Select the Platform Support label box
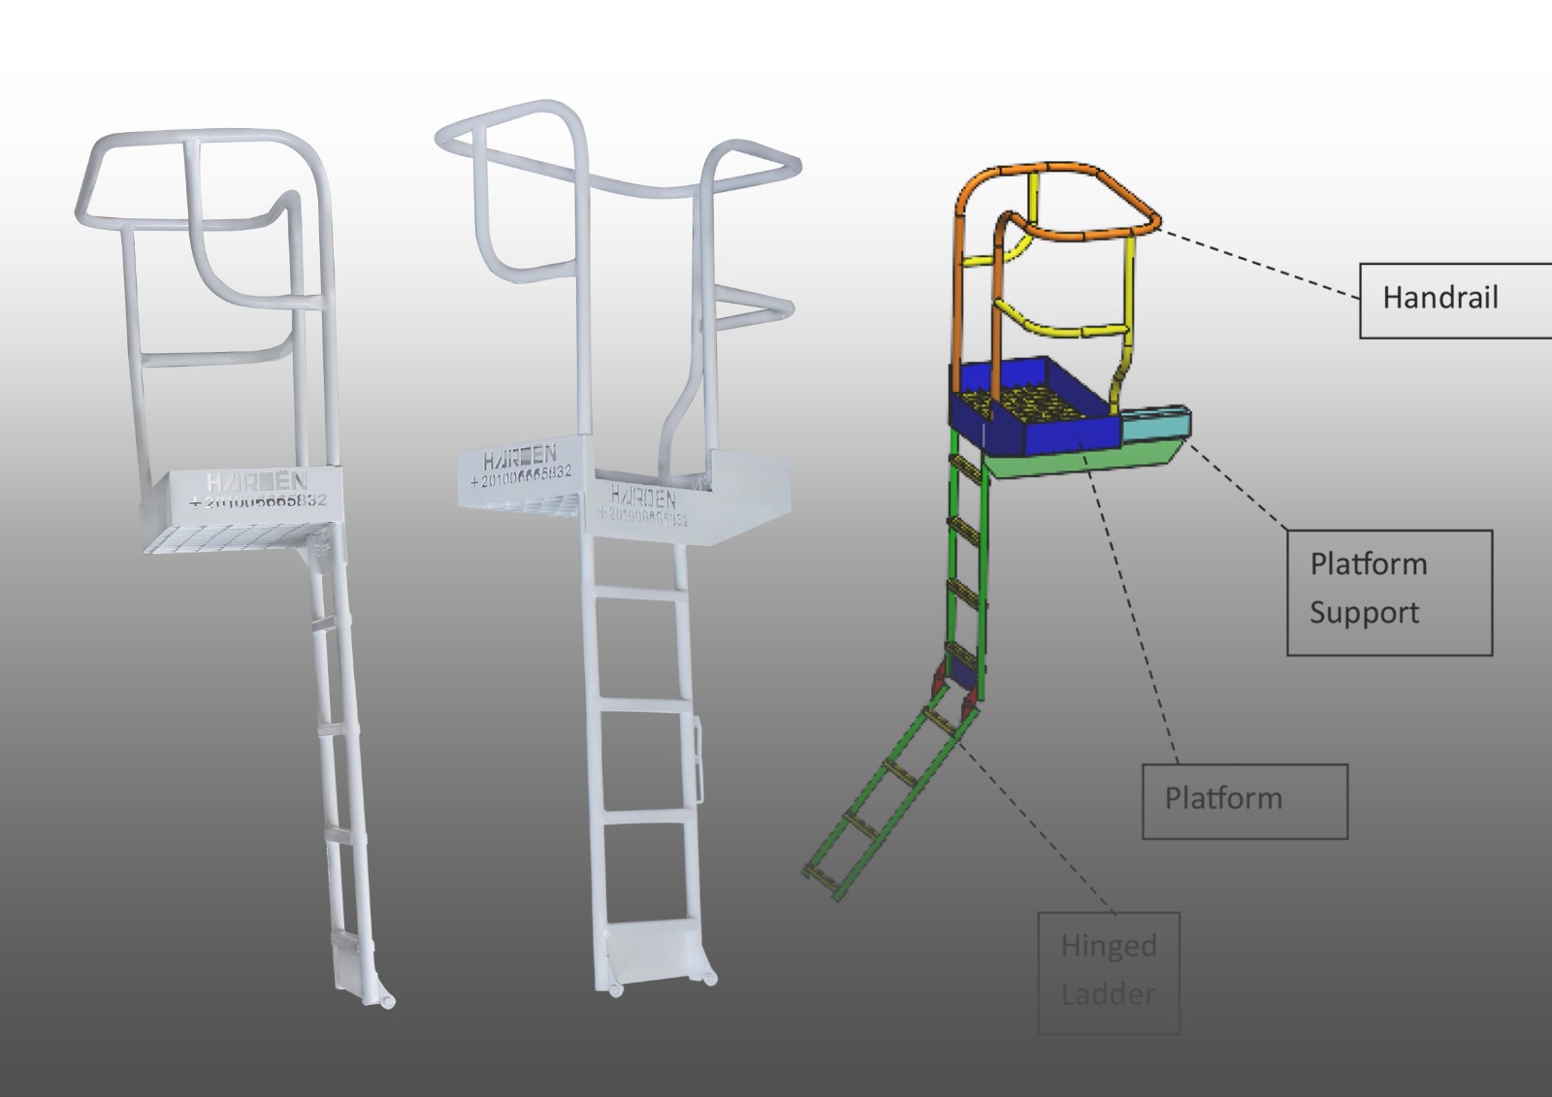[x=1389, y=592]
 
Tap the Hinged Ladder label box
[x=1109, y=972]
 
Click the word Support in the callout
[x=1364, y=614]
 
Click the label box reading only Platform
[x=1245, y=801]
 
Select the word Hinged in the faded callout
[x=1109, y=946]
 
